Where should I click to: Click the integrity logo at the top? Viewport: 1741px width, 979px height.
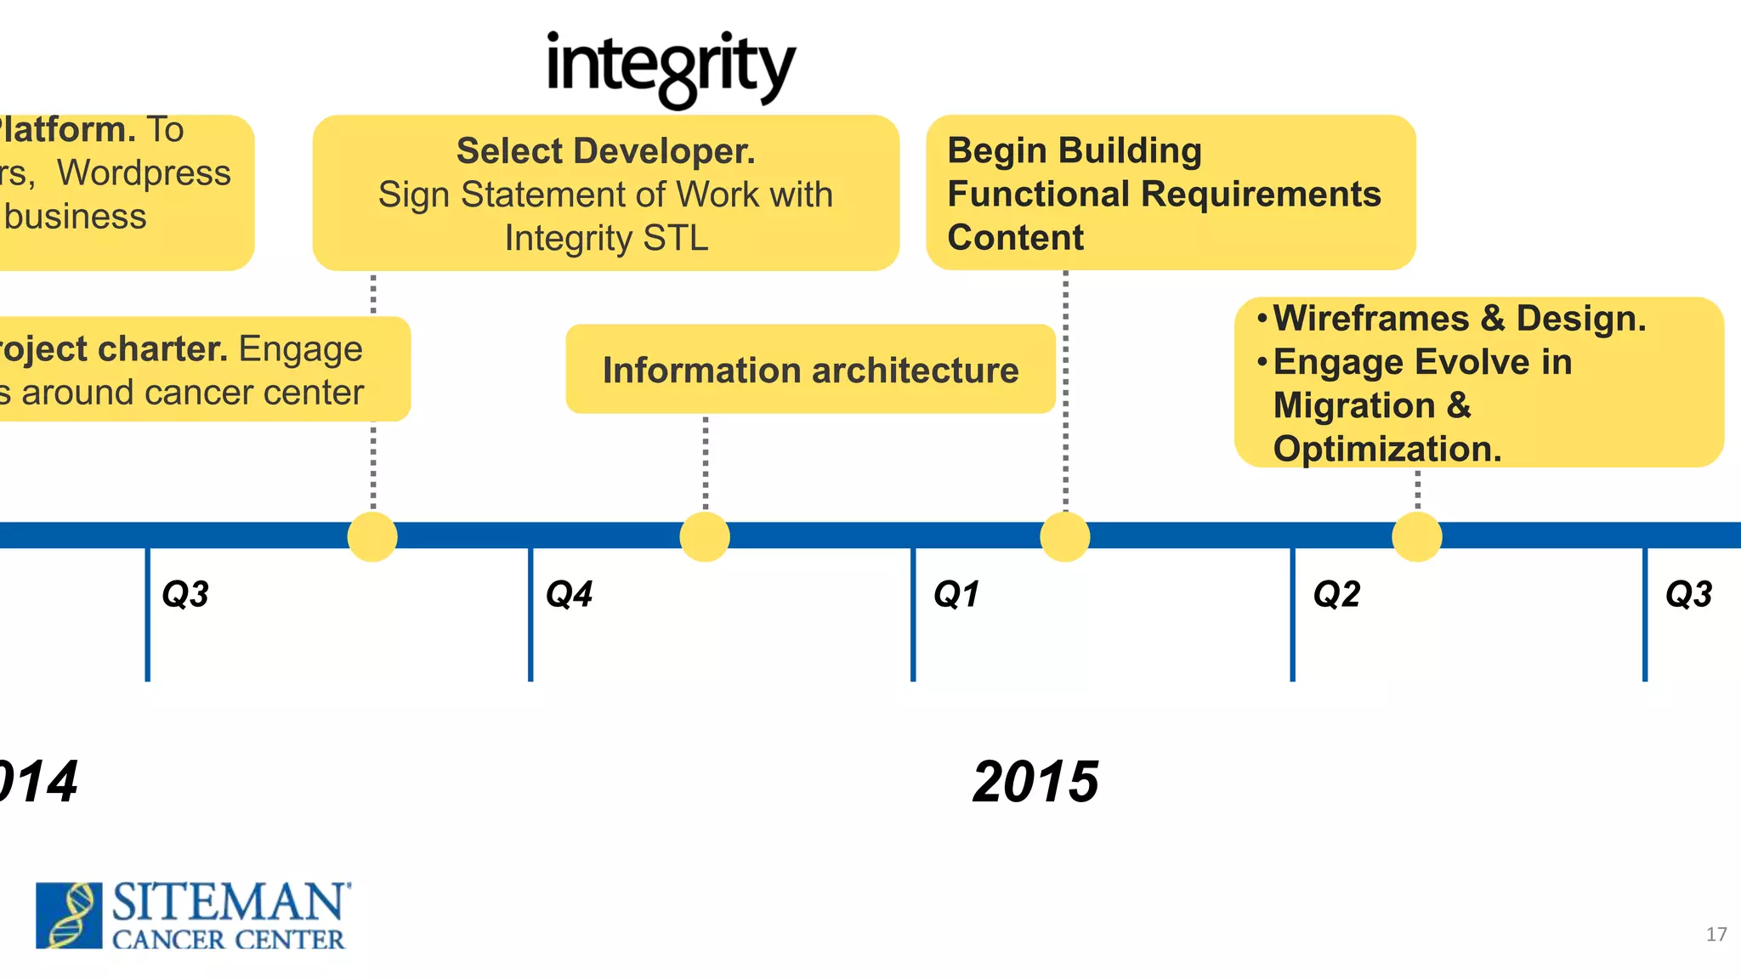pyautogui.click(x=671, y=68)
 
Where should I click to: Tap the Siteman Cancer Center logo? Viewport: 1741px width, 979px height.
pyautogui.click(x=192, y=915)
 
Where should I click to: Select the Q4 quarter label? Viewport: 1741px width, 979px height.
pyautogui.click(x=569, y=594)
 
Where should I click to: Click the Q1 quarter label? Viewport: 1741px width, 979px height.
pyautogui.click(x=956, y=594)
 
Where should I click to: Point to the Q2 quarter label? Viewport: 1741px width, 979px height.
pyautogui.click(x=1336, y=594)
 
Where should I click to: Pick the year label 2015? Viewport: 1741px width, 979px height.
pyautogui.click(x=1035, y=782)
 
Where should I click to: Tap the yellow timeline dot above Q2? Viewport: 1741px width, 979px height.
pyautogui.click(x=1417, y=536)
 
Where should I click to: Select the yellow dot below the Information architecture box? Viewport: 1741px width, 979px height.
pyautogui.click(x=705, y=536)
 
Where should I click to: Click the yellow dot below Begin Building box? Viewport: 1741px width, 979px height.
pyautogui.click(x=1065, y=536)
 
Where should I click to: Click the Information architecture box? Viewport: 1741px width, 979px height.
pyautogui.click(x=810, y=370)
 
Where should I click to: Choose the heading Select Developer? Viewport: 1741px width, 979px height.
pyautogui.click(x=605, y=151)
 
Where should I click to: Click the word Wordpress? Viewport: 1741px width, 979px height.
pyautogui.click(x=144, y=173)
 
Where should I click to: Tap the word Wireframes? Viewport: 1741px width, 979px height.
pyautogui.click(x=1371, y=319)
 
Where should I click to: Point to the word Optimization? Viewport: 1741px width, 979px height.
pyautogui.click(x=1387, y=449)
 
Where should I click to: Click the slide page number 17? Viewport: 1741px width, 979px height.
pyautogui.click(x=1716, y=935)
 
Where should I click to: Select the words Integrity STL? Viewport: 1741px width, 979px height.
pyautogui.click(x=606, y=239)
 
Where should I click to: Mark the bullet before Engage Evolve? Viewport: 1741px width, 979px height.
pyautogui.click(x=1262, y=362)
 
